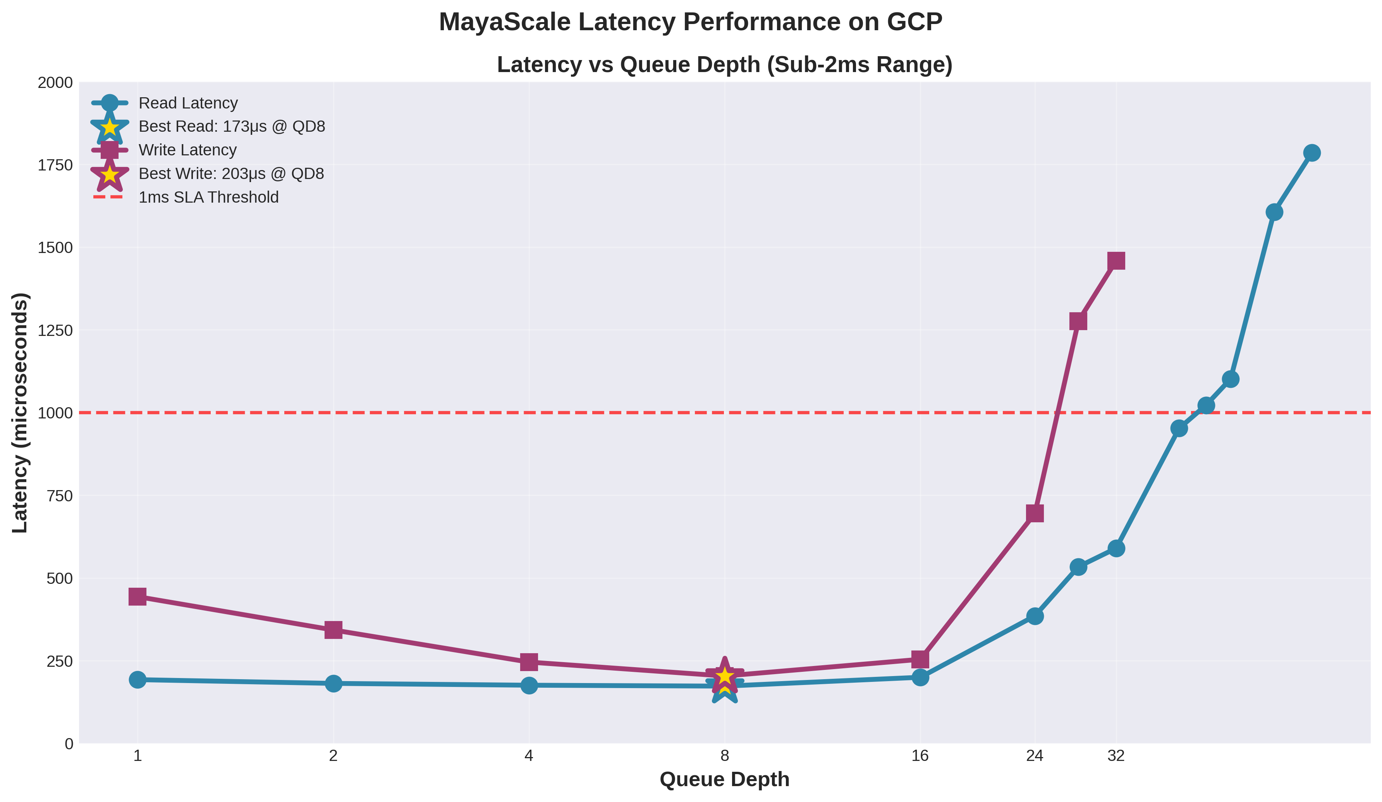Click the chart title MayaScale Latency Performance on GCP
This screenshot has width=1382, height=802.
tap(691, 22)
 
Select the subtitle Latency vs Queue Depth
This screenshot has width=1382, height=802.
tap(724, 65)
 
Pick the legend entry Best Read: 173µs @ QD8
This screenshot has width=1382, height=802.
tap(231, 127)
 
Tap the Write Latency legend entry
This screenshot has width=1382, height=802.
tap(187, 150)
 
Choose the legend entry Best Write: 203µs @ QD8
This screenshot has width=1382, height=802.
tap(231, 174)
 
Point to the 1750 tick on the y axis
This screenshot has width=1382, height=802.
tap(55, 165)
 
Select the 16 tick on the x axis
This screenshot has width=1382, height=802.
tap(920, 756)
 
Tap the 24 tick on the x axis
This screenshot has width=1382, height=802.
tap(1034, 756)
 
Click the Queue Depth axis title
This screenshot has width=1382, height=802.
tap(724, 780)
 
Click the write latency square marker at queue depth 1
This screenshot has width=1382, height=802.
tap(138, 596)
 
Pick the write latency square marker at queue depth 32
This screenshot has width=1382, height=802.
tap(1116, 261)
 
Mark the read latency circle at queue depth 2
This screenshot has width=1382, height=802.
tap(333, 683)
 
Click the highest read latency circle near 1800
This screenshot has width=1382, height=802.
tap(1311, 153)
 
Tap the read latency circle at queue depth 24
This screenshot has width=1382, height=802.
tap(1034, 616)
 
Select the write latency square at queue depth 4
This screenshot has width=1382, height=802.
tap(529, 662)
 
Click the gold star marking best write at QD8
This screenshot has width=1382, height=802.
tap(724, 676)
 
